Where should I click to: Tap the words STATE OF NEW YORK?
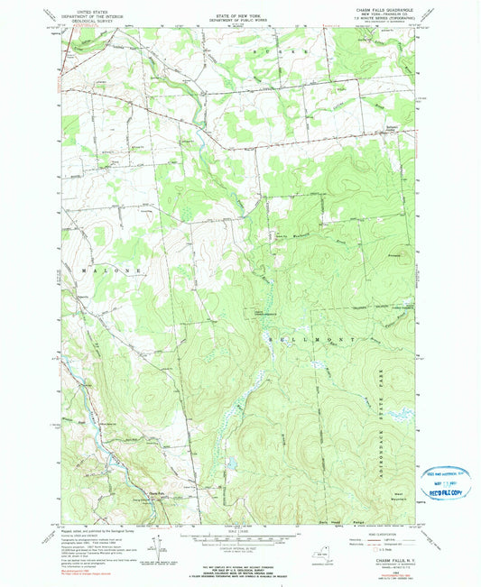(x=240, y=8)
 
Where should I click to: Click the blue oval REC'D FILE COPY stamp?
(x=442, y=482)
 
